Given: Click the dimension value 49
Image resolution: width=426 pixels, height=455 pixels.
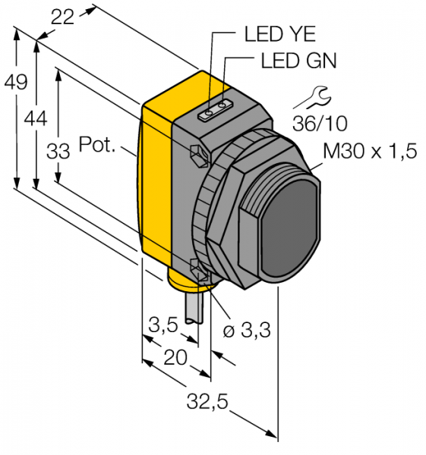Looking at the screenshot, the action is point(16,82).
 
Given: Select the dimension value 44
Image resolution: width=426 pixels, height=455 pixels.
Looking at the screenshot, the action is point(36,119).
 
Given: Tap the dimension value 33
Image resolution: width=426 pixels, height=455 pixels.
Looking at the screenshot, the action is point(58,151).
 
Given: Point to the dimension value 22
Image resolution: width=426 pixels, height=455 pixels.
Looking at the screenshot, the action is point(62,17).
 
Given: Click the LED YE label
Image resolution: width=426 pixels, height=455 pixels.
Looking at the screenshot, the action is point(280,34).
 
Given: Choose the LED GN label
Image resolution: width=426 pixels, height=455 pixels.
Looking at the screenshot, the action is point(298,61).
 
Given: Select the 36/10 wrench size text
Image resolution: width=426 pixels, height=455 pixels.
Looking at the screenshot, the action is point(320,124).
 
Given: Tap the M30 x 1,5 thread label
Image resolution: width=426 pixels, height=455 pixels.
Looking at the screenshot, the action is point(370,151).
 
